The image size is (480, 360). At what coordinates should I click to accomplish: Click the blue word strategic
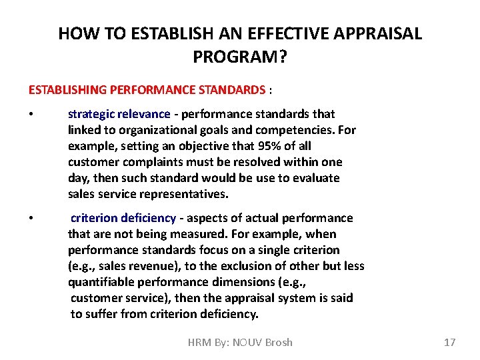tap(90, 114)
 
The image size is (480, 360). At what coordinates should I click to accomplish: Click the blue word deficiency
tap(151, 218)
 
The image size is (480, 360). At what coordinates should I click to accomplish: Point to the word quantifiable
tap(101, 282)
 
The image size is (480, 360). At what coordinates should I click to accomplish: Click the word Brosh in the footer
tap(279, 342)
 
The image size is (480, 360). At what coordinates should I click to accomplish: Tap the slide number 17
tap(449, 342)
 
